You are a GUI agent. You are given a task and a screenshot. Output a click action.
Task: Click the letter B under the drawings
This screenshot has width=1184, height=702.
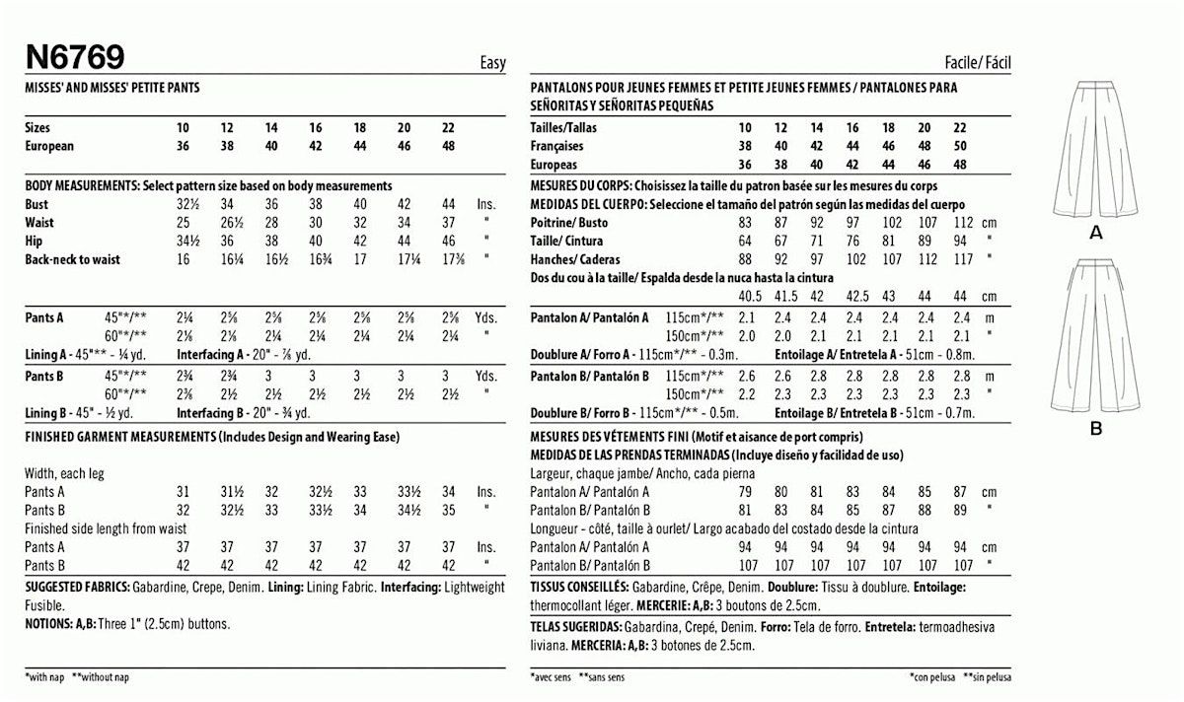point(1096,429)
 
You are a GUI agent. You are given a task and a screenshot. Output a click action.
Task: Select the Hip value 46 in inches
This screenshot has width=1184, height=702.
point(448,241)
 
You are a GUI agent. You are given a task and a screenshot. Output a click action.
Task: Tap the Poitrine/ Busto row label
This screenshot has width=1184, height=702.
point(567,223)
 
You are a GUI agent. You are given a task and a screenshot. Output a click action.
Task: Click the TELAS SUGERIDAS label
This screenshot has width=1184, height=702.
point(575,626)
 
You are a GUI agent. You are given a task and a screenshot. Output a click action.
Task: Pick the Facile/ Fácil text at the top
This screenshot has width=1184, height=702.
point(977,63)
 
